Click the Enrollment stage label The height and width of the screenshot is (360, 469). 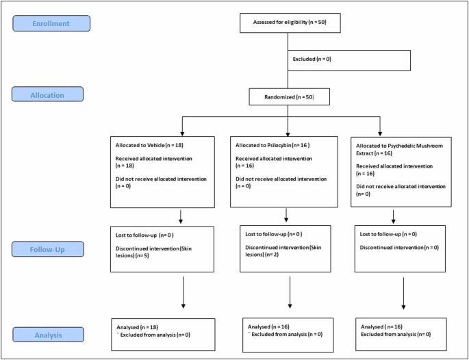pos(51,24)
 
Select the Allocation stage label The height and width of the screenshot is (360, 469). pos(47,94)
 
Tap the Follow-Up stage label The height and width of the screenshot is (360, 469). pos(47,248)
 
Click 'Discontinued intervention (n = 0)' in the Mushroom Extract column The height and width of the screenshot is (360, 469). pos(400,248)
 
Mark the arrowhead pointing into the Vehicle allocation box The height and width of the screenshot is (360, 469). pos(181,132)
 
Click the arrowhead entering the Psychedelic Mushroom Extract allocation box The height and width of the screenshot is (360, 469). pos(380,132)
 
